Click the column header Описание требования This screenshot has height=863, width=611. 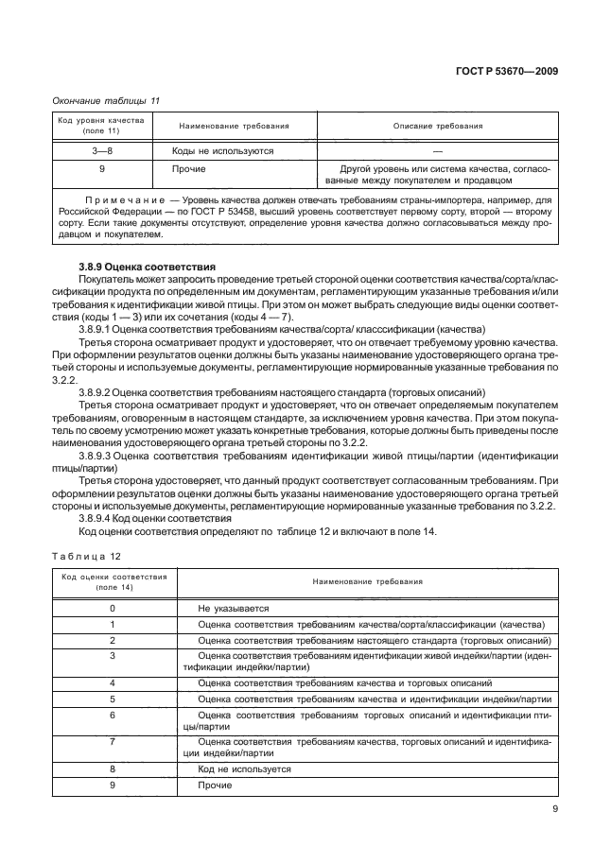point(438,126)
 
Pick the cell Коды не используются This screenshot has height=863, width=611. point(223,150)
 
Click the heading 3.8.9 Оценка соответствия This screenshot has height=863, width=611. point(148,268)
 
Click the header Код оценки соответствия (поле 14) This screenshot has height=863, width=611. point(114,581)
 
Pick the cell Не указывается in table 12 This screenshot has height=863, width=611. point(235,609)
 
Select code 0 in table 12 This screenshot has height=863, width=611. point(113,609)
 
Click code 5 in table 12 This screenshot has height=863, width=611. point(113,699)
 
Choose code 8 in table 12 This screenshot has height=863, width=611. point(113,769)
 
